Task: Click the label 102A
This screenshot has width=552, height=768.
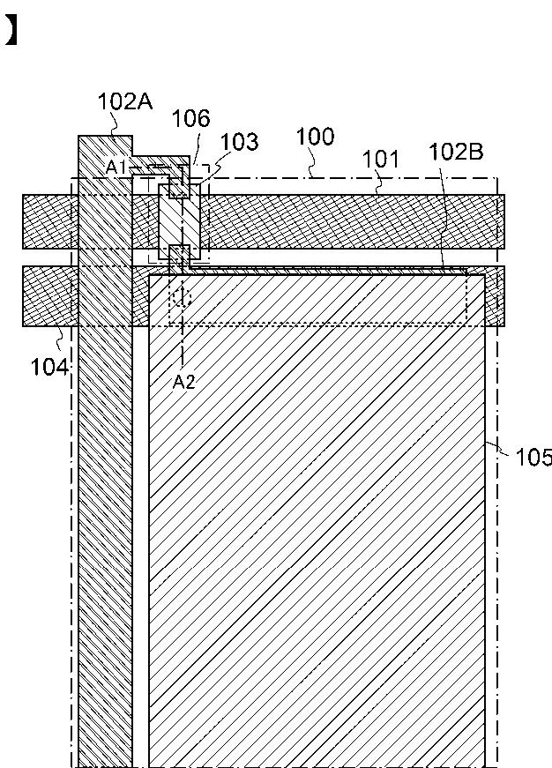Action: point(125,102)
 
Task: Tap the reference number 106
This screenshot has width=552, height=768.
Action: point(190,118)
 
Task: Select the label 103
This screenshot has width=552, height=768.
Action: point(239,142)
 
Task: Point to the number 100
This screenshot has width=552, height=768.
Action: point(315,137)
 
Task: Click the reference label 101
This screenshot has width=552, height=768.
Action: point(380,160)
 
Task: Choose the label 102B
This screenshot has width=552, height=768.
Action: point(456,152)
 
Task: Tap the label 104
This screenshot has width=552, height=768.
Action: point(48,366)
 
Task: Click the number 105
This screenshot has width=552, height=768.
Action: point(534,457)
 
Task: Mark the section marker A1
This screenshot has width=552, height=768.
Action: point(117,167)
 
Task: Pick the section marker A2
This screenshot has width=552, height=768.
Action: point(183,382)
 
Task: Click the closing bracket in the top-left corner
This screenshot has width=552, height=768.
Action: point(11,31)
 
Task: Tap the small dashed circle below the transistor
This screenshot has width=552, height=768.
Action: point(182,296)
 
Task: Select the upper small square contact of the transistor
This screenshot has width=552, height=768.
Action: point(179,188)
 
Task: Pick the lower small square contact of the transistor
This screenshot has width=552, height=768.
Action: point(179,253)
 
